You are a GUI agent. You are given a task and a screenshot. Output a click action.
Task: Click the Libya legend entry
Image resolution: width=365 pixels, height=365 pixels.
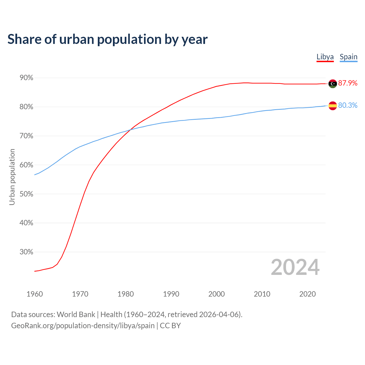325,57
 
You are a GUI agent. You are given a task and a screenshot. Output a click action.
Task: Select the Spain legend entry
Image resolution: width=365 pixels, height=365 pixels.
348,57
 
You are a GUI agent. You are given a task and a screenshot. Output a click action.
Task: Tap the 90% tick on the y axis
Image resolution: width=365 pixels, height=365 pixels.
26,78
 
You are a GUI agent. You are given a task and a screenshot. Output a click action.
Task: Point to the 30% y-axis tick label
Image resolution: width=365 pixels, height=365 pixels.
26,252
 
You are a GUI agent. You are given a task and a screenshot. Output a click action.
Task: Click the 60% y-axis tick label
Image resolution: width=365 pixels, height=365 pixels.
26,165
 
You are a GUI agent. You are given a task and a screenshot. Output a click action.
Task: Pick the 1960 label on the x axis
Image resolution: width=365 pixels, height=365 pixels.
35,294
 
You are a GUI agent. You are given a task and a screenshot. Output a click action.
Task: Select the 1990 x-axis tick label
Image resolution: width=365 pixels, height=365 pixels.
171,294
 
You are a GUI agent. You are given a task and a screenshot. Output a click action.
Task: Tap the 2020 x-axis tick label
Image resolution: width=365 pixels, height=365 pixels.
307,294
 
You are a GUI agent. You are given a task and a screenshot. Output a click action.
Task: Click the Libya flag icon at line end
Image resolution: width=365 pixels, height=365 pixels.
332,84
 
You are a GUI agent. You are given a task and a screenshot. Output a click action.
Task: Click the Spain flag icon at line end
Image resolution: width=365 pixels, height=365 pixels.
332,106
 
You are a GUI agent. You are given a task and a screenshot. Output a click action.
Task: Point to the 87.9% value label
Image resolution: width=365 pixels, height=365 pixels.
348,83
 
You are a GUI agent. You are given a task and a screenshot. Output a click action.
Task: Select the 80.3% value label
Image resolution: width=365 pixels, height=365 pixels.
348,105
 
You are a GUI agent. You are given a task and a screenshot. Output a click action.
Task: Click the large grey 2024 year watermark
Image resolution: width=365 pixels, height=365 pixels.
295,267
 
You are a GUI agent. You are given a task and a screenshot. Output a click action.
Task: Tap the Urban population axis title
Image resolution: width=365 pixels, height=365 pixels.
12,177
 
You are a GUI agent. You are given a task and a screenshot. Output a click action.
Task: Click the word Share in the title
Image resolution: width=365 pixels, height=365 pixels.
24,39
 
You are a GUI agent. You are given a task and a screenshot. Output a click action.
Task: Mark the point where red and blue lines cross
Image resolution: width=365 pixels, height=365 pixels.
130,130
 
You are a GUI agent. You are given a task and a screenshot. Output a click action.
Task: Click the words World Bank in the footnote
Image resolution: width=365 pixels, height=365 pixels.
76,315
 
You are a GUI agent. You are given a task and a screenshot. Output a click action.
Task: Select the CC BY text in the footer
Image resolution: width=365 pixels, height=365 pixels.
170,326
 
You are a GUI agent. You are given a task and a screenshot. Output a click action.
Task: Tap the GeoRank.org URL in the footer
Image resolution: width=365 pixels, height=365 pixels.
83,326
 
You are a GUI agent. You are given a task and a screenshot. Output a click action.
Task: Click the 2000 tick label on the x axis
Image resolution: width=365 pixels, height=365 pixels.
216,294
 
